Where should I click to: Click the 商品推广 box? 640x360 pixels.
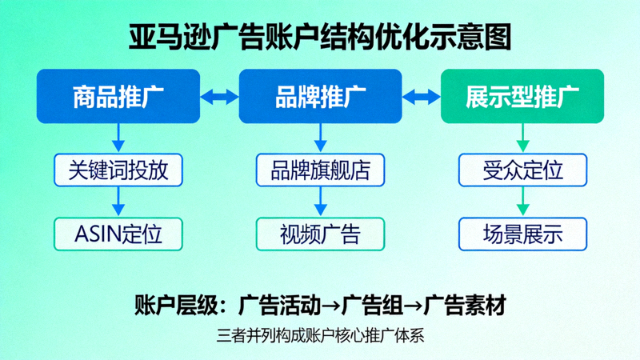click(x=118, y=97)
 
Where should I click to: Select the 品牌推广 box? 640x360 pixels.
click(x=320, y=97)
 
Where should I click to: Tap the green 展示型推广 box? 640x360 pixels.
click(x=522, y=97)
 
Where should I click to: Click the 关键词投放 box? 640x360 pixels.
click(x=118, y=170)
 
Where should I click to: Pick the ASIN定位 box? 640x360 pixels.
click(x=118, y=234)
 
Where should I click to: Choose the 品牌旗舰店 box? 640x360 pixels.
click(x=320, y=170)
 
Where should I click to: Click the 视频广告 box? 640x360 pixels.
click(x=320, y=234)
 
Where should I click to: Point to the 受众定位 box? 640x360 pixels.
click(x=522, y=170)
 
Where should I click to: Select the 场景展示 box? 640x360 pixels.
click(x=522, y=234)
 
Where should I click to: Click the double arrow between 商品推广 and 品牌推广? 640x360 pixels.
click(x=219, y=97)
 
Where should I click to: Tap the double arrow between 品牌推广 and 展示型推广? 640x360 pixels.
click(x=422, y=97)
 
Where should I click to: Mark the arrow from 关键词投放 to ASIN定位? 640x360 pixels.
click(x=118, y=202)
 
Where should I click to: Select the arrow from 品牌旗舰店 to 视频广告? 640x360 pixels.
click(x=320, y=202)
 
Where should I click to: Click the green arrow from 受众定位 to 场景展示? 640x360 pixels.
click(x=522, y=202)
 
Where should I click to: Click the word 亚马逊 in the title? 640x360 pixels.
click(x=170, y=36)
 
